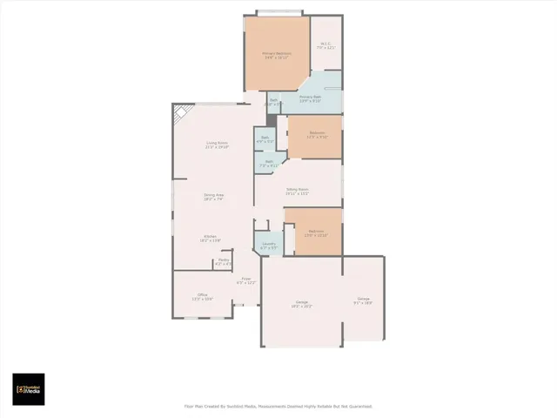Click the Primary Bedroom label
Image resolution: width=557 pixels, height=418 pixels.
pos(277,56)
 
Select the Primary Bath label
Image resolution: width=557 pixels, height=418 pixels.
pos(311,98)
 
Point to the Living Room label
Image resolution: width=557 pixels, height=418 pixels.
pos(217,145)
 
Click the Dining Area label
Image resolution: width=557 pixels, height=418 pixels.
pos(214,197)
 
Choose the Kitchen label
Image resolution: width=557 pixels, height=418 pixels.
pos(211,238)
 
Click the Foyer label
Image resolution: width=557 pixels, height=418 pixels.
pos(246,281)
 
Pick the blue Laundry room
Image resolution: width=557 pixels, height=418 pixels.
pos(269,246)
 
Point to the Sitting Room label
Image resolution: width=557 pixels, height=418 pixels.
pos(298,191)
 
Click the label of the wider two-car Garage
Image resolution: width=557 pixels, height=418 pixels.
pos(301,305)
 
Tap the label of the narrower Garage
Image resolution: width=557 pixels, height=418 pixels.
pos(363,301)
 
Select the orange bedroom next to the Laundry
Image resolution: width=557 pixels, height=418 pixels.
pos(313,232)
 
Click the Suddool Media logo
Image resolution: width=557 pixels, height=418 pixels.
pos(28,389)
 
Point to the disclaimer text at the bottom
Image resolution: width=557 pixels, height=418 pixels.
pos(278,406)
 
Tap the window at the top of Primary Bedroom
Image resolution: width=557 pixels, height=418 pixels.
pos(279,13)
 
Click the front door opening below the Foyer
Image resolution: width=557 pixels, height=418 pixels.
pos(246,306)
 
